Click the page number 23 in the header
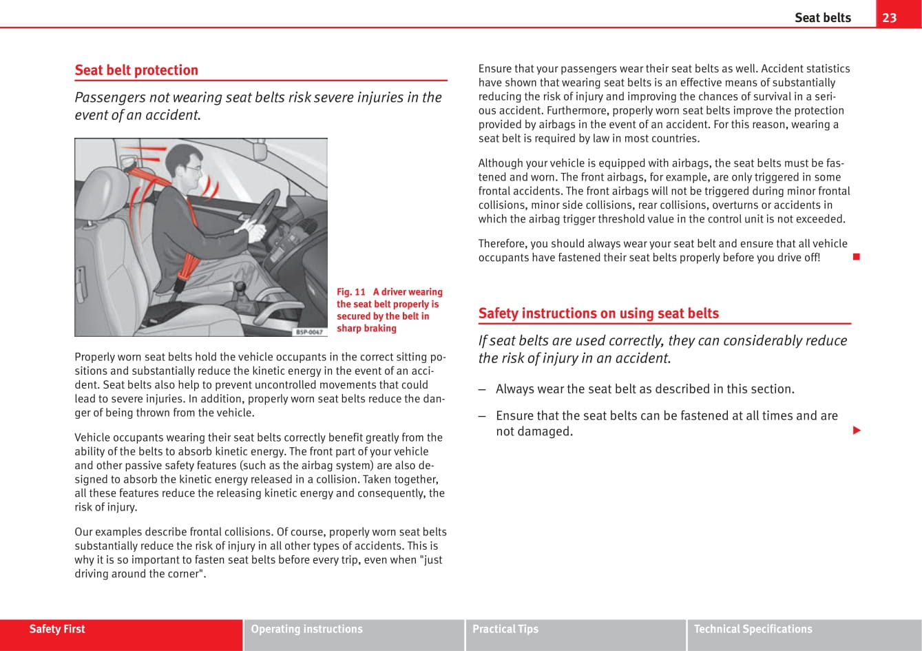point(889,18)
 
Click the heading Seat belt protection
point(136,70)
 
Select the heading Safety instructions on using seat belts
point(598,313)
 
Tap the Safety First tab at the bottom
point(57,629)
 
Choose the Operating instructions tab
point(306,629)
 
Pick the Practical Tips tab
point(505,629)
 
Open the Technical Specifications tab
point(753,629)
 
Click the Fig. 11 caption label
point(351,292)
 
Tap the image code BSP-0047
point(309,332)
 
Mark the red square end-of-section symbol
point(856,258)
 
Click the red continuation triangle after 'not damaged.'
point(857,431)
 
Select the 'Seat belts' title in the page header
point(822,18)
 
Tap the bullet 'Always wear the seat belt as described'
point(645,389)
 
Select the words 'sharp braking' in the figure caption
point(366,329)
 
